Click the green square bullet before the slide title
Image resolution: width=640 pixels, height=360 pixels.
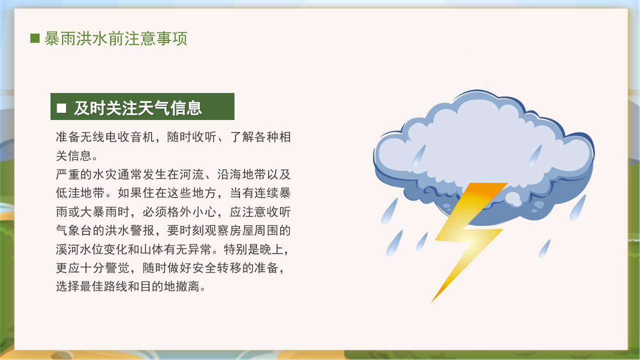tap(35, 38)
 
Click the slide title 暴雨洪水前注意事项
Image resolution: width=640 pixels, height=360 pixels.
tap(115, 38)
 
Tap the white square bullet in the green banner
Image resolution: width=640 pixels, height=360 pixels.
tap(61, 107)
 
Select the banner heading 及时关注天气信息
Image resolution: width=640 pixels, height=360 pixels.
tap(138, 107)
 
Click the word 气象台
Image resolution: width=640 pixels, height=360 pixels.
tap(74, 230)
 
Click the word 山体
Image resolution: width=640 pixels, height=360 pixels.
tap(179, 249)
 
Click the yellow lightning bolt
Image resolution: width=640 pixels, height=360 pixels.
tap(467, 235)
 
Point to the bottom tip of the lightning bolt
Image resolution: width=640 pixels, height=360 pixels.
tap(431, 302)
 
